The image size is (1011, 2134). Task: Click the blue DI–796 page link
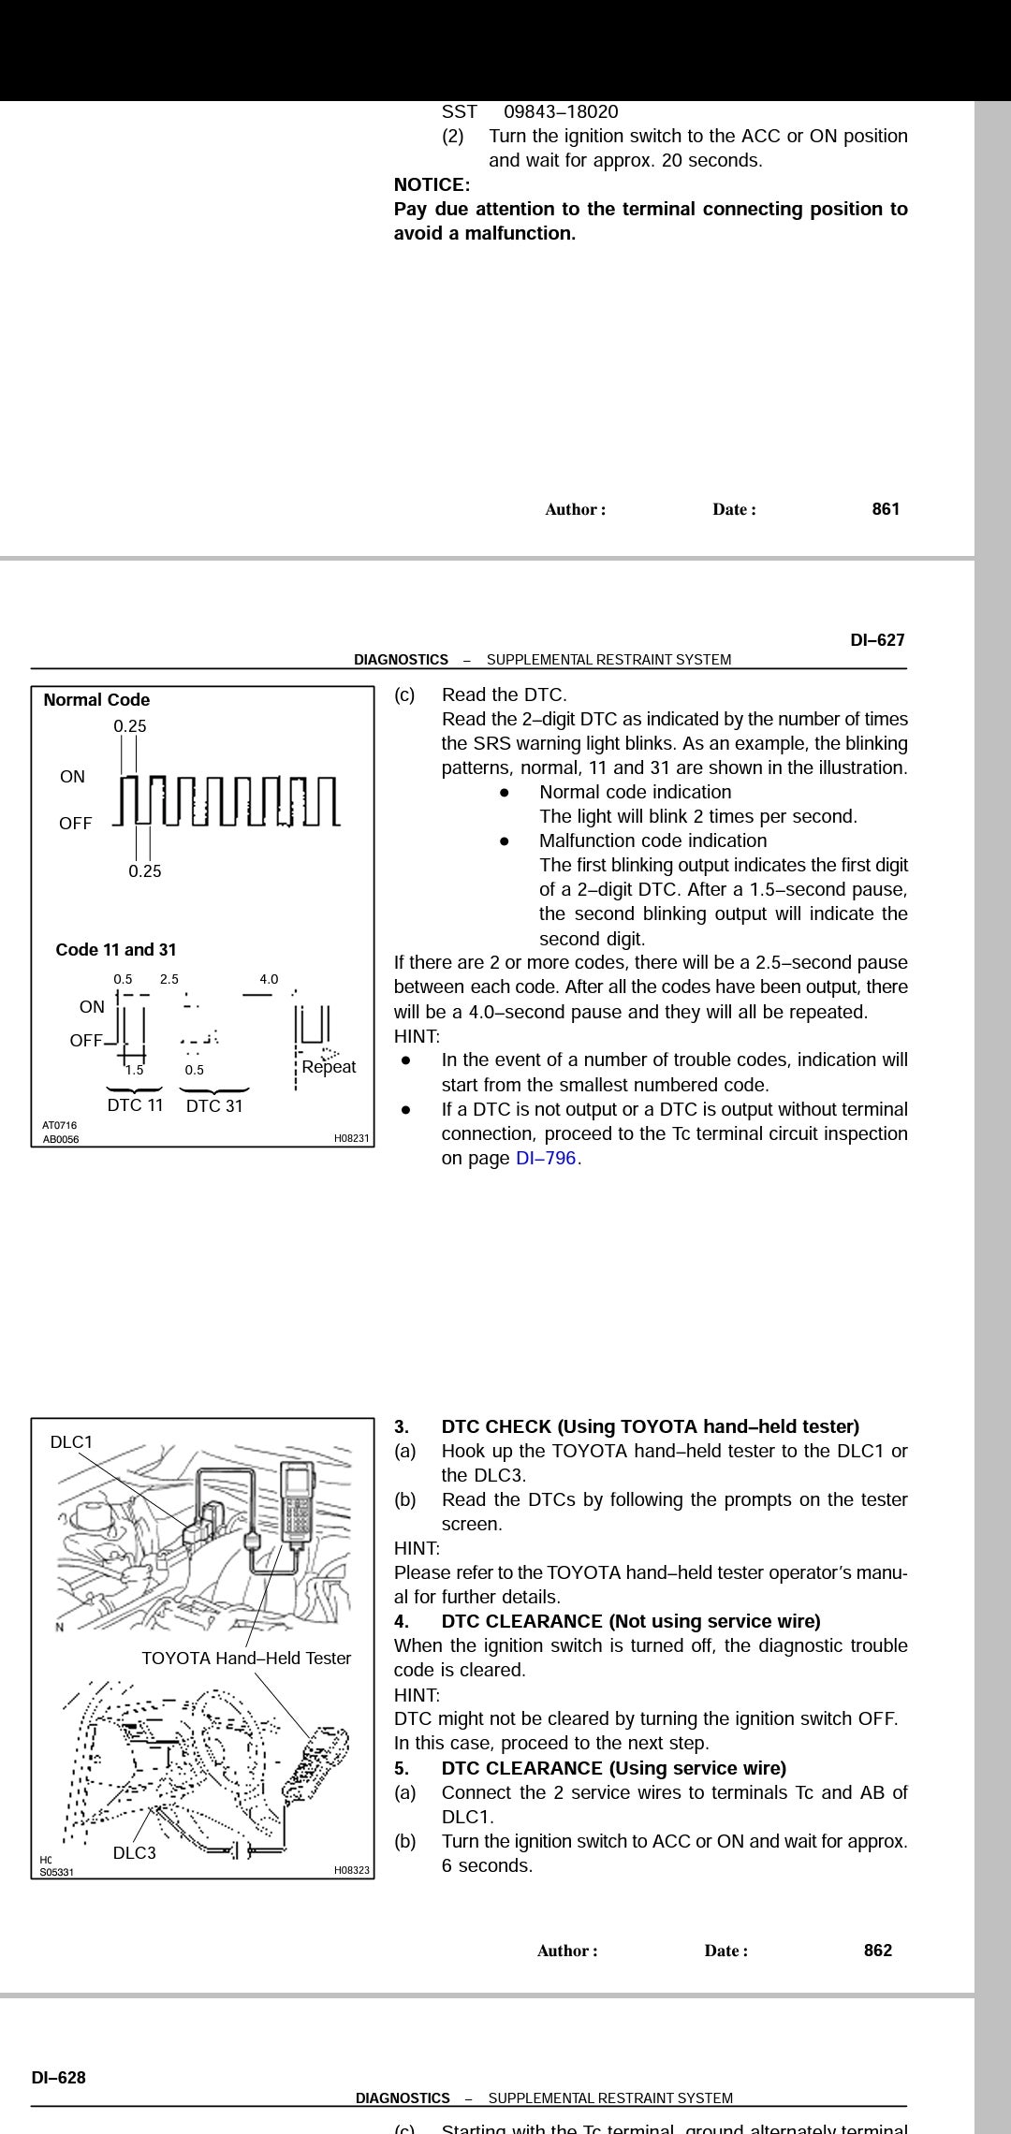(x=546, y=1158)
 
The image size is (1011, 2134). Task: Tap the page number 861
(x=886, y=509)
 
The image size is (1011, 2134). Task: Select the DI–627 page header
(x=877, y=640)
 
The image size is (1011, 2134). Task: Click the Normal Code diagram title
(x=96, y=700)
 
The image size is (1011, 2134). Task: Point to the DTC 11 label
(x=135, y=1105)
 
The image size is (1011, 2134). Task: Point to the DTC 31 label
(x=214, y=1106)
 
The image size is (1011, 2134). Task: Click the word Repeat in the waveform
(x=329, y=1067)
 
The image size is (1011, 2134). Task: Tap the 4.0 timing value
(x=269, y=979)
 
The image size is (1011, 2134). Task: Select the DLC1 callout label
(x=71, y=1442)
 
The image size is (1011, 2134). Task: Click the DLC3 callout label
(x=134, y=1853)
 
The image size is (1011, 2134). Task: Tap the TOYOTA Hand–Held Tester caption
(x=246, y=1659)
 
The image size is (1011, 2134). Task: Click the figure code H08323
(x=351, y=1871)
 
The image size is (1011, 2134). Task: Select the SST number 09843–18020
(x=561, y=111)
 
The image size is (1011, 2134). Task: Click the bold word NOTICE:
(x=432, y=184)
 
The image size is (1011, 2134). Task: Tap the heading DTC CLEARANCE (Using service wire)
(x=613, y=1768)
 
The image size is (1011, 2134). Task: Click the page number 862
(x=877, y=1951)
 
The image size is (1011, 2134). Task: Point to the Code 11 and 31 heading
(x=116, y=950)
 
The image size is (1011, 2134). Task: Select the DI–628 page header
(x=58, y=2078)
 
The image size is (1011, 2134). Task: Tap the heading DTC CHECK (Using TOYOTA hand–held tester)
(x=650, y=1426)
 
